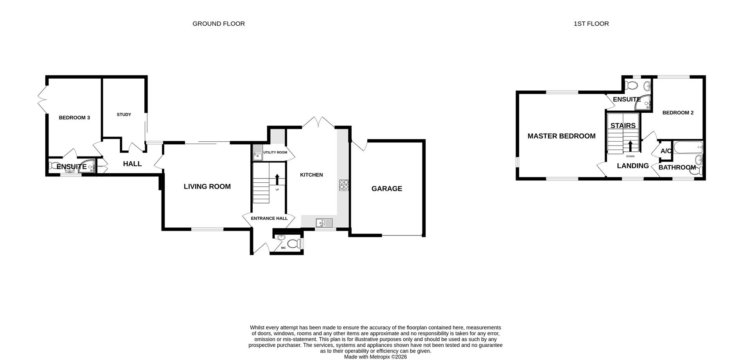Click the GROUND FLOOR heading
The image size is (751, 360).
[218, 23]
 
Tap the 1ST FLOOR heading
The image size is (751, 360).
[591, 23]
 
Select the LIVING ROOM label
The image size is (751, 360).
[207, 187]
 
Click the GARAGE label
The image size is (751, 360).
[386, 189]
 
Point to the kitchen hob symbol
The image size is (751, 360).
[343, 185]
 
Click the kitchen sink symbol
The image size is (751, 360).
[324, 223]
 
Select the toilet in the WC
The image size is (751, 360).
[294, 243]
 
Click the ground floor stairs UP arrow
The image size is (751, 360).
[277, 179]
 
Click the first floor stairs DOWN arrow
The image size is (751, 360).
[630, 146]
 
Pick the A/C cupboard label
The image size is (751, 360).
[666, 151]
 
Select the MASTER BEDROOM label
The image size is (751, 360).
[561, 136]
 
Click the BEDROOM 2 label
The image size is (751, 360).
[677, 113]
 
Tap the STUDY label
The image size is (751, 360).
[124, 115]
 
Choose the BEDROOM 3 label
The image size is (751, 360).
[74, 118]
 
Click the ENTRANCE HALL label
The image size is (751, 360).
[269, 218]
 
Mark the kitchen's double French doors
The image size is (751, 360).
[318, 122]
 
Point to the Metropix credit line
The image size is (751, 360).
[375, 356]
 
